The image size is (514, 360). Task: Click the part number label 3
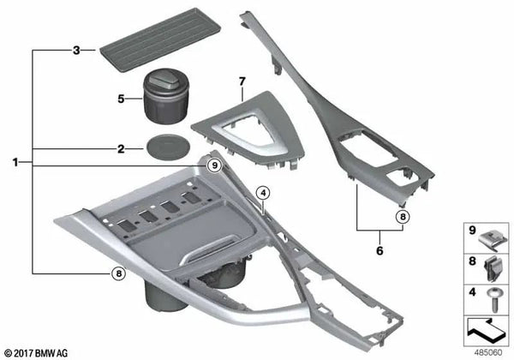pyautogui.click(x=76, y=51)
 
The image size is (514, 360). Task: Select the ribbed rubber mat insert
pyautogui.click(x=160, y=39)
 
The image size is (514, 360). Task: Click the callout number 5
pyautogui.click(x=122, y=99)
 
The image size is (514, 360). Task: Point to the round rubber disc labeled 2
pyautogui.click(x=168, y=147)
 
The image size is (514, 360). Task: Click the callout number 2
pyautogui.click(x=122, y=149)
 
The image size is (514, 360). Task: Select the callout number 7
pyautogui.click(x=242, y=81)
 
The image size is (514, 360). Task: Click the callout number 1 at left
pyautogui.click(x=15, y=162)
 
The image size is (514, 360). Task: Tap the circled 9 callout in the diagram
pyautogui.click(x=215, y=165)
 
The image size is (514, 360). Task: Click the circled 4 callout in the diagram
pyautogui.click(x=263, y=194)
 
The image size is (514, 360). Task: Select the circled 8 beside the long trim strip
pyautogui.click(x=403, y=216)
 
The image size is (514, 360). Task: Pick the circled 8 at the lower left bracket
pyautogui.click(x=119, y=273)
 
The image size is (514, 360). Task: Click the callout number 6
pyautogui.click(x=380, y=251)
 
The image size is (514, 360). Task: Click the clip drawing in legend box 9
pyautogui.click(x=493, y=240)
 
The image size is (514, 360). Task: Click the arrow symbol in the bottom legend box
pyautogui.click(x=486, y=330)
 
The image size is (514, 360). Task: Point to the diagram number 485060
pyautogui.click(x=488, y=353)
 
